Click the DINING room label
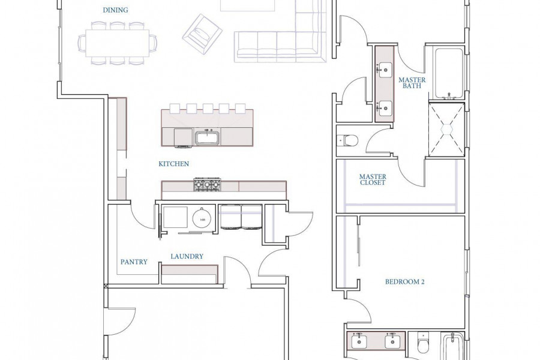tap(115, 10)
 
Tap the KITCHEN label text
tap(173, 164)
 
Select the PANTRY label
tap(134, 262)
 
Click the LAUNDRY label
tap(187, 256)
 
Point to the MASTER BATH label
tap(412, 83)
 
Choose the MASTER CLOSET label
tap(373, 179)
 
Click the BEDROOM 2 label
tap(404, 282)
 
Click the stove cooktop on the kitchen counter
tap(208, 184)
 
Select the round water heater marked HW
tap(202, 219)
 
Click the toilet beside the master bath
tap(348, 140)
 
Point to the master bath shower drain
tap(447, 129)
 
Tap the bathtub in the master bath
tap(449, 73)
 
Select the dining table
tap(118, 43)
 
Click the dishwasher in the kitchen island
tap(182, 137)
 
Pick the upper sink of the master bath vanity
tap(385, 70)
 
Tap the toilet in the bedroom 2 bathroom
tap(423, 343)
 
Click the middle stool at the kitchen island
tap(208, 109)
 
